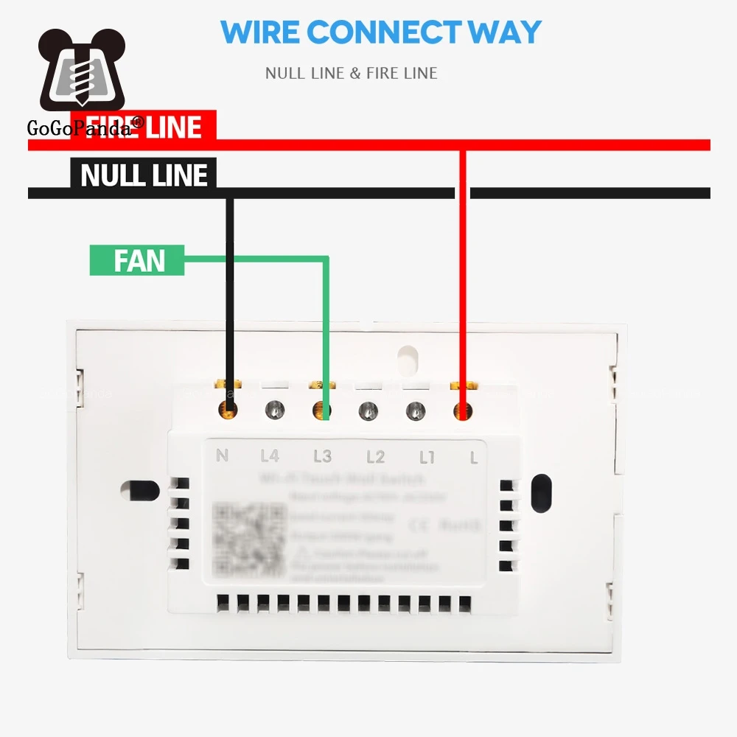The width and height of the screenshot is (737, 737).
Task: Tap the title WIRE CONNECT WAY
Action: pyautogui.click(x=381, y=32)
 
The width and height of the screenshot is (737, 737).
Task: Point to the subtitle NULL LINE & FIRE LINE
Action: pyautogui.click(x=352, y=73)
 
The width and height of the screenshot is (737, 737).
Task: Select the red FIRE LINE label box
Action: pyautogui.click(x=143, y=126)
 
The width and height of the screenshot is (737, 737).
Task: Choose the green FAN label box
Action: pyautogui.click(x=137, y=260)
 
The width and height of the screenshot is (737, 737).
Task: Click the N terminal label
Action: pyautogui.click(x=222, y=455)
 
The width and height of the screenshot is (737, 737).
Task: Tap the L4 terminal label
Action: pyautogui.click(x=270, y=456)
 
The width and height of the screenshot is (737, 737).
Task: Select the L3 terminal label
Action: pyautogui.click(x=322, y=456)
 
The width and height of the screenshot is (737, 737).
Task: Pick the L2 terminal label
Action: pyautogui.click(x=375, y=457)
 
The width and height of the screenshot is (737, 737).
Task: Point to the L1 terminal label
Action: pyautogui.click(x=427, y=457)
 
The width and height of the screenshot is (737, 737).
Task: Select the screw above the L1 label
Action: pyautogui.click(x=416, y=410)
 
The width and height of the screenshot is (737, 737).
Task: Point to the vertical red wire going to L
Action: pyautogui.click(x=463, y=280)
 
